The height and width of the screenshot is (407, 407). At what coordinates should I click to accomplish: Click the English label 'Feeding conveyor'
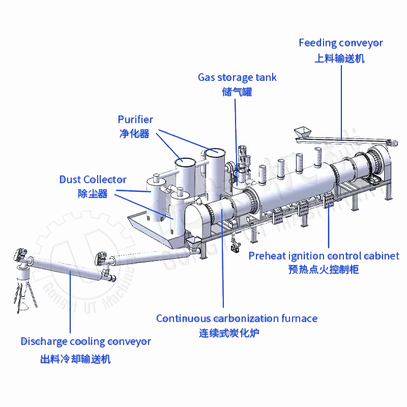pos(340,43)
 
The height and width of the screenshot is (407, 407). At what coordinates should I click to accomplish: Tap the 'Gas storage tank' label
pos(237,77)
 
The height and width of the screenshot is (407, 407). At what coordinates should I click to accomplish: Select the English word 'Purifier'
pos(135,120)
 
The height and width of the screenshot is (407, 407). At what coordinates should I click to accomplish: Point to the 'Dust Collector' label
pos(93,180)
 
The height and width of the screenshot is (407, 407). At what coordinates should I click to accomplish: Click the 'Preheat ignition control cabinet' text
pos(324,256)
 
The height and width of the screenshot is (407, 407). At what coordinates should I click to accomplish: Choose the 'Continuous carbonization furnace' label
pos(237,318)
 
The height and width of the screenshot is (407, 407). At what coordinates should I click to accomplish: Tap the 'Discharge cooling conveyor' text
pos(85,342)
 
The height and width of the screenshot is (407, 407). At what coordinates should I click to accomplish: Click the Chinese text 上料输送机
pos(340,59)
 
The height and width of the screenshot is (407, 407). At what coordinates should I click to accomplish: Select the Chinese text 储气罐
pos(237,92)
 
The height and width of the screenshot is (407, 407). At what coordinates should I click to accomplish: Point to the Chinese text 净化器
pos(134,134)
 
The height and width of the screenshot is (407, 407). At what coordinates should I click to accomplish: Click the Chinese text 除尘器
pos(93,193)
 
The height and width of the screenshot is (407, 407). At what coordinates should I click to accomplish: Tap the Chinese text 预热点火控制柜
pos(324,270)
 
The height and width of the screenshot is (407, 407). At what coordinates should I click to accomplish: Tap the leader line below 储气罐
pos(236,127)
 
